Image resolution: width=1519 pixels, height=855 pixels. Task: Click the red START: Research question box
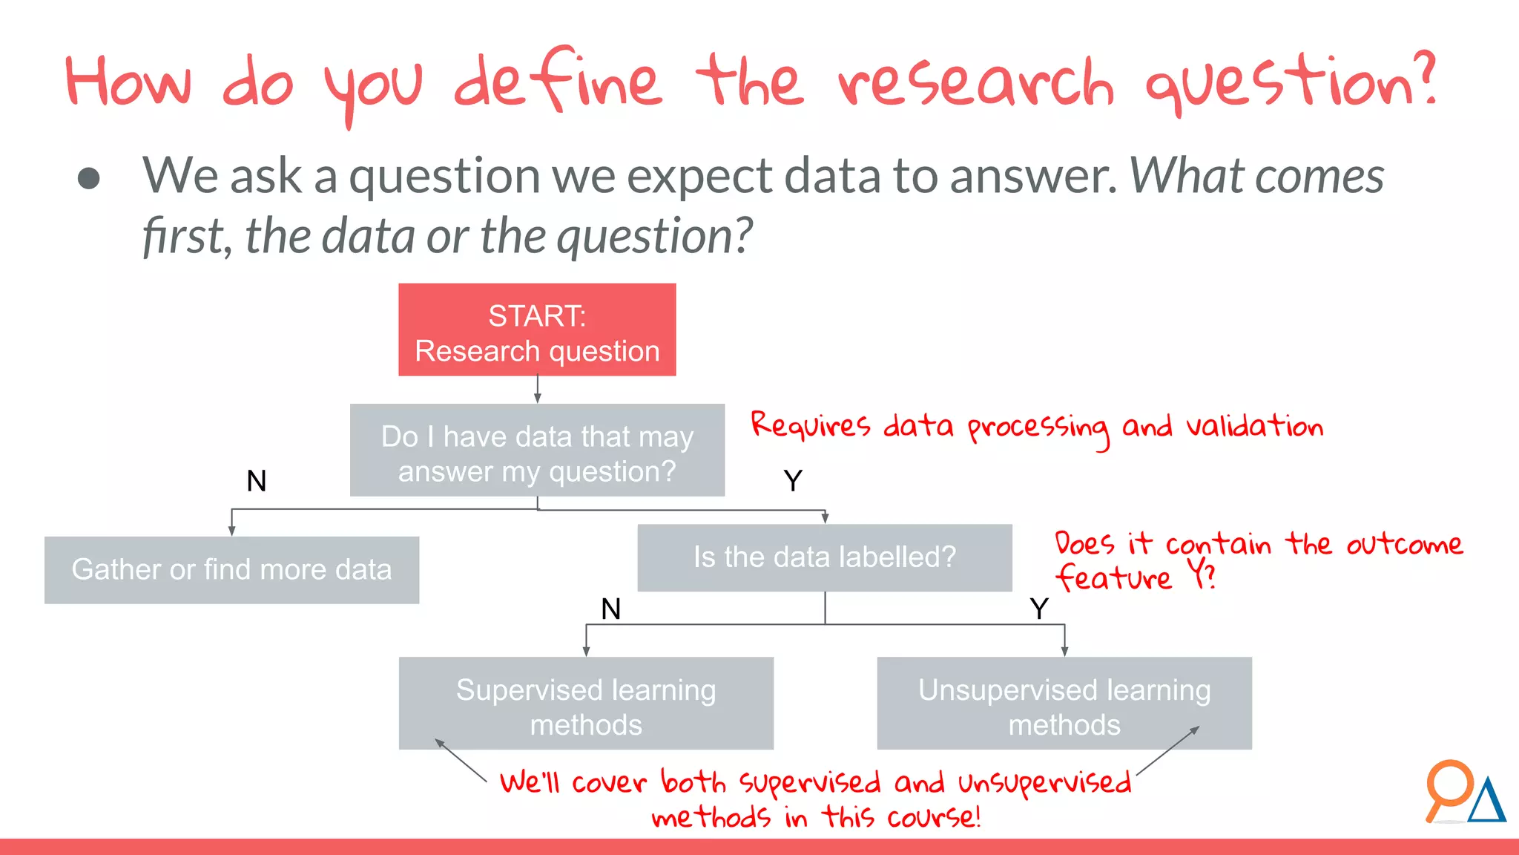coord(537,330)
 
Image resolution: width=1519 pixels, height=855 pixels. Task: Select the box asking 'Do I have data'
coord(537,451)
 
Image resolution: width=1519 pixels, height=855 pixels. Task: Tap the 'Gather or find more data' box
coord(231,570)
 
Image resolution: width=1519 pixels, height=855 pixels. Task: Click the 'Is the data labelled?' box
coord(825,557)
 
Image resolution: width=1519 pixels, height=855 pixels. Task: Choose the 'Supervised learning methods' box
coord(586,704)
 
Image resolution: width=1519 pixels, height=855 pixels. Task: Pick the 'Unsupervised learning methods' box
coord(1064,704)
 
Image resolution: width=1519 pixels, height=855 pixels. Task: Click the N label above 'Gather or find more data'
coord(257,481)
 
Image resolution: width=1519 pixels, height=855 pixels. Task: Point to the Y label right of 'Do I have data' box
coord(793,481)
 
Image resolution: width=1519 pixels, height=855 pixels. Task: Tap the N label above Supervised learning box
coord(610,609)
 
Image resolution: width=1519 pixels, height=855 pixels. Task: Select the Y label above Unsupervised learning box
coord(1039,609)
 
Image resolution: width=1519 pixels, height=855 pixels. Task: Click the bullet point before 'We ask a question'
coord(89,178)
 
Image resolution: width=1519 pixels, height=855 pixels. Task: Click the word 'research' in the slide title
coord(975,83)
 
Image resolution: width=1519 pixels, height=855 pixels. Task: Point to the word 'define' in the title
coord(556,82)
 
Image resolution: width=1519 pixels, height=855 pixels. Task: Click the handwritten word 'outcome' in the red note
coord(1404,544)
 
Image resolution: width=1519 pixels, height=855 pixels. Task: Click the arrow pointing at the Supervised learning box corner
coord(460,760)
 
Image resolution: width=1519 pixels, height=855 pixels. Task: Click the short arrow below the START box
coord(537,389)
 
